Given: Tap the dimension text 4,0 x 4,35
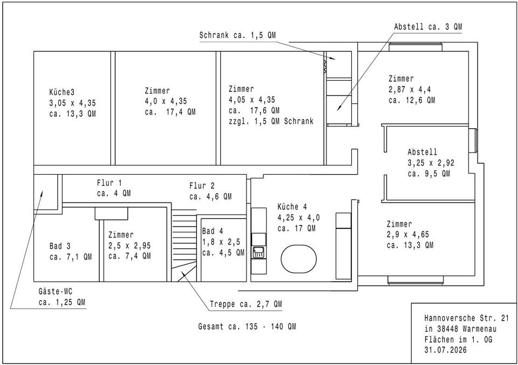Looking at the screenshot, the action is pyautogui.click(x=166, y=101).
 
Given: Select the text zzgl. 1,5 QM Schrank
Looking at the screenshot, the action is pyautogui.click(x=271, y=121).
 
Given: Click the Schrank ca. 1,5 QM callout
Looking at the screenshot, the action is pyautogui.click(x=237, y=35).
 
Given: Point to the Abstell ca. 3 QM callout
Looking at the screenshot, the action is pyautogui.click(x=428, y=27).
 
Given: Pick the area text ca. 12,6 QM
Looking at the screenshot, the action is pyautogui.click(x=412, y=100).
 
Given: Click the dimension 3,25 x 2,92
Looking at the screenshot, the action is pyautogui.click(x=431, y=163).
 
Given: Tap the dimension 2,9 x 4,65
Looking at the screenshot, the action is pyautogui.click(x=408, y=235).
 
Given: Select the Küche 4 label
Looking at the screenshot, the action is pyautogui.click(x=292, y=207).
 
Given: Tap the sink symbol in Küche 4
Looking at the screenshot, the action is pyautogui.click(x=258, y=253).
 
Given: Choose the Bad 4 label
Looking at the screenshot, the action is pyautogui.click(x=213, y=231).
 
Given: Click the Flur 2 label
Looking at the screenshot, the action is pyautogui.click(x=202, y=186).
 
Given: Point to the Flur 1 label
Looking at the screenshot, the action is pyautogui.click(x=110, y=183).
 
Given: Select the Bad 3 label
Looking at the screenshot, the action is pyautogui.click(x=60, y=246).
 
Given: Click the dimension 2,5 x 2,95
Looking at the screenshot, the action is pyautogui.click(x=129, y=245).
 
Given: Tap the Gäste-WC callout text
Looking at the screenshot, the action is pyautogui.click(x=56, y=291).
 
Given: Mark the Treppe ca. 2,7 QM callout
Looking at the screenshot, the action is pyautogui.click(x=246, y=304).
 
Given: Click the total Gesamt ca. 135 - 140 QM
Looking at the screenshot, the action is pyautogui.click(x=247, y=327).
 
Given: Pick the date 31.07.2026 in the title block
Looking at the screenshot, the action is pyautogui.click(x=446, y=350).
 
